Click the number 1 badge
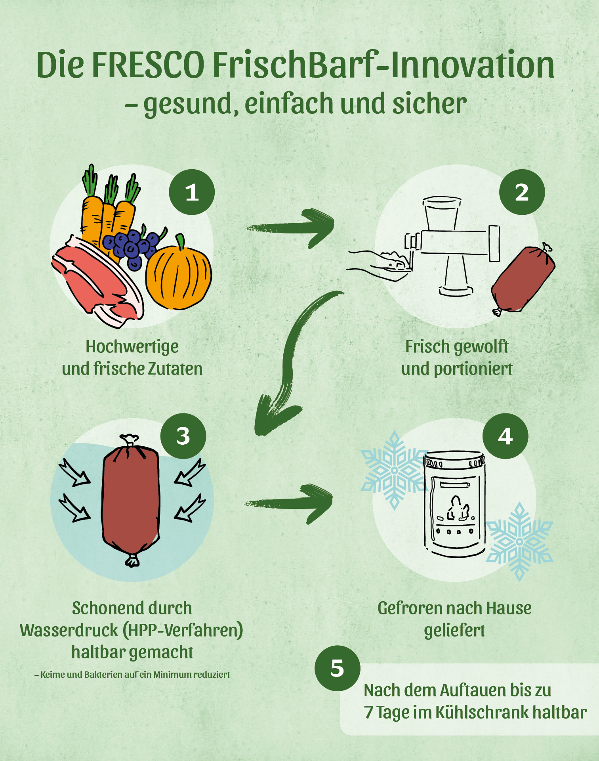point(192,192)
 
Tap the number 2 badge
point(522,192)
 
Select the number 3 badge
point(183,436)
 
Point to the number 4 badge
point(505,436)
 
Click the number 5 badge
point(337,668)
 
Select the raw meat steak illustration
point(97,281)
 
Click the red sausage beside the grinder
point(523,279)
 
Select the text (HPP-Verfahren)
point(183,631)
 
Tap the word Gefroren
point(410,608)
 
